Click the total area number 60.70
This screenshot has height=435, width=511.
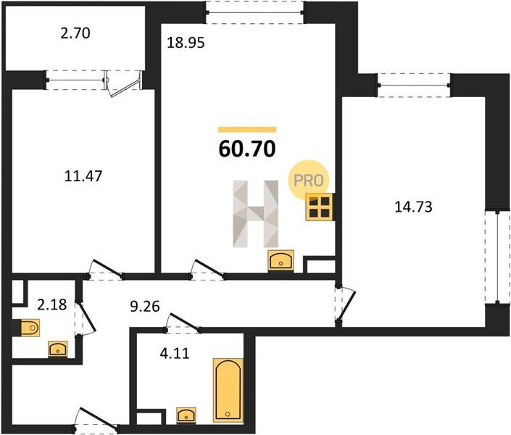[x=247, y=149]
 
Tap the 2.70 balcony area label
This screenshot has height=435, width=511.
[x=75, y=33]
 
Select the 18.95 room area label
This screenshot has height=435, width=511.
[x=186, y=43]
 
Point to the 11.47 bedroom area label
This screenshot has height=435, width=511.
[x=83, y=176]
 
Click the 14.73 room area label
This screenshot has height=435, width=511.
[x=413, y=207]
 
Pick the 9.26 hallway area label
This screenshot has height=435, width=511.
[x=145, y=307]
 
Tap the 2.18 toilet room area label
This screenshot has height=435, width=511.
[x=52, y=305]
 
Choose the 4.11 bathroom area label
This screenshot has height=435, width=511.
[x=175, y=354]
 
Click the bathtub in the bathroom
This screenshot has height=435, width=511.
[x=228, y=390]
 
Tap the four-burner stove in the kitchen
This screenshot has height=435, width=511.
[x=320, y=207]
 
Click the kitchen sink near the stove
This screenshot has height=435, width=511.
[x=281, y=260]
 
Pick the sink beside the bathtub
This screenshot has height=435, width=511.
[x=186, y=415]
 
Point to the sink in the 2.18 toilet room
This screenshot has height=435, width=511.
[x=58, y=349]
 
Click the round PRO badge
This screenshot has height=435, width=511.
[x=308, y=180]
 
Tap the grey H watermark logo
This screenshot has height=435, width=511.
[x=255, y=214]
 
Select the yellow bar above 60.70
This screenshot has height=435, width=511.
[x=247, y=130]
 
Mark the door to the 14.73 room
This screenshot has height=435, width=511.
[x=345, y=305]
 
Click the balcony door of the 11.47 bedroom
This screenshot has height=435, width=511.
[x=123, y=84]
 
